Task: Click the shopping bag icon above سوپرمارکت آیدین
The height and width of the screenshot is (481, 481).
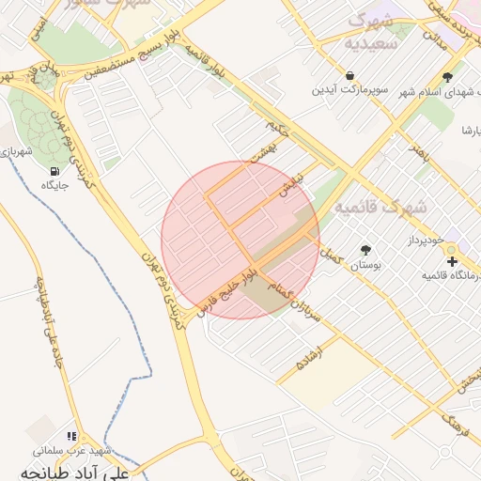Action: click(x=349, y=76)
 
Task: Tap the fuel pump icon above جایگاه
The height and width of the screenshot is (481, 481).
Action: click(x=54, y=171)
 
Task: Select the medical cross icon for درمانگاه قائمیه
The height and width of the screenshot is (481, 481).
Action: click(x=452, y=260)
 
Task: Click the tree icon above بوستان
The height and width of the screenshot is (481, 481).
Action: click(x=365, y=250)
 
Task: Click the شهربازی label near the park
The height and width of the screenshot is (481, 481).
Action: click(x=17, y=150)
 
